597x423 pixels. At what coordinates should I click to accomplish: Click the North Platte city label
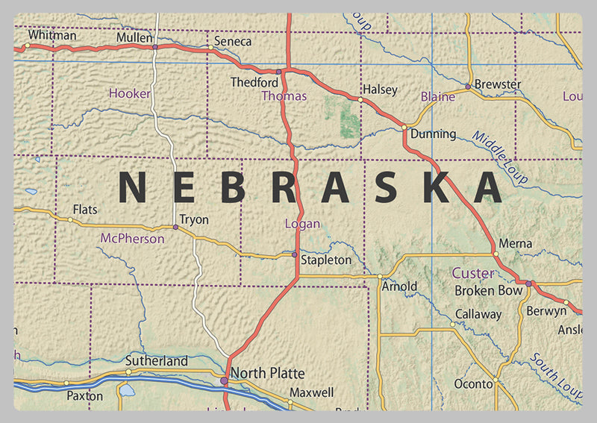point(267,372)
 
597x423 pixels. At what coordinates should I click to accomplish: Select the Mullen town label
point(134,37)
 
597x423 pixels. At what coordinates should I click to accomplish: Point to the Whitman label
point(51,35)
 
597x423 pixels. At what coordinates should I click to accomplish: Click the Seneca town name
point(233,42)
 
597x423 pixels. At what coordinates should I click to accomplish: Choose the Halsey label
point(380,90)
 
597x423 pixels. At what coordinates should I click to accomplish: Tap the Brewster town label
point(498,84)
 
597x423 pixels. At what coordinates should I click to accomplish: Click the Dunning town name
point(433,134)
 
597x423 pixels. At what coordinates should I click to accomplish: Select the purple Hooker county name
point(130,94)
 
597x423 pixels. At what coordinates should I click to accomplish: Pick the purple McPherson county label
point(132,239)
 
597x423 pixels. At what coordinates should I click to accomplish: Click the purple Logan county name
point(302,224)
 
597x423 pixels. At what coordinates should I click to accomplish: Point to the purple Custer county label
point(473,274)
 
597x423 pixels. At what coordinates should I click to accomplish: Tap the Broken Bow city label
point(489,290)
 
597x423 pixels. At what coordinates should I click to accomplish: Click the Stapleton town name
point(326,260)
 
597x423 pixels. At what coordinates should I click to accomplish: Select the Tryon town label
point(195,220)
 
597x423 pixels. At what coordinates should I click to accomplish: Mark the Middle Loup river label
point(500,157)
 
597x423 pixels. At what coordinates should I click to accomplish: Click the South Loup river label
point(556,377)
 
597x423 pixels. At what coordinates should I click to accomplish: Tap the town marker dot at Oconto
point(495,383)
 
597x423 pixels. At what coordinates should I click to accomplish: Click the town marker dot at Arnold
point(380,277)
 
